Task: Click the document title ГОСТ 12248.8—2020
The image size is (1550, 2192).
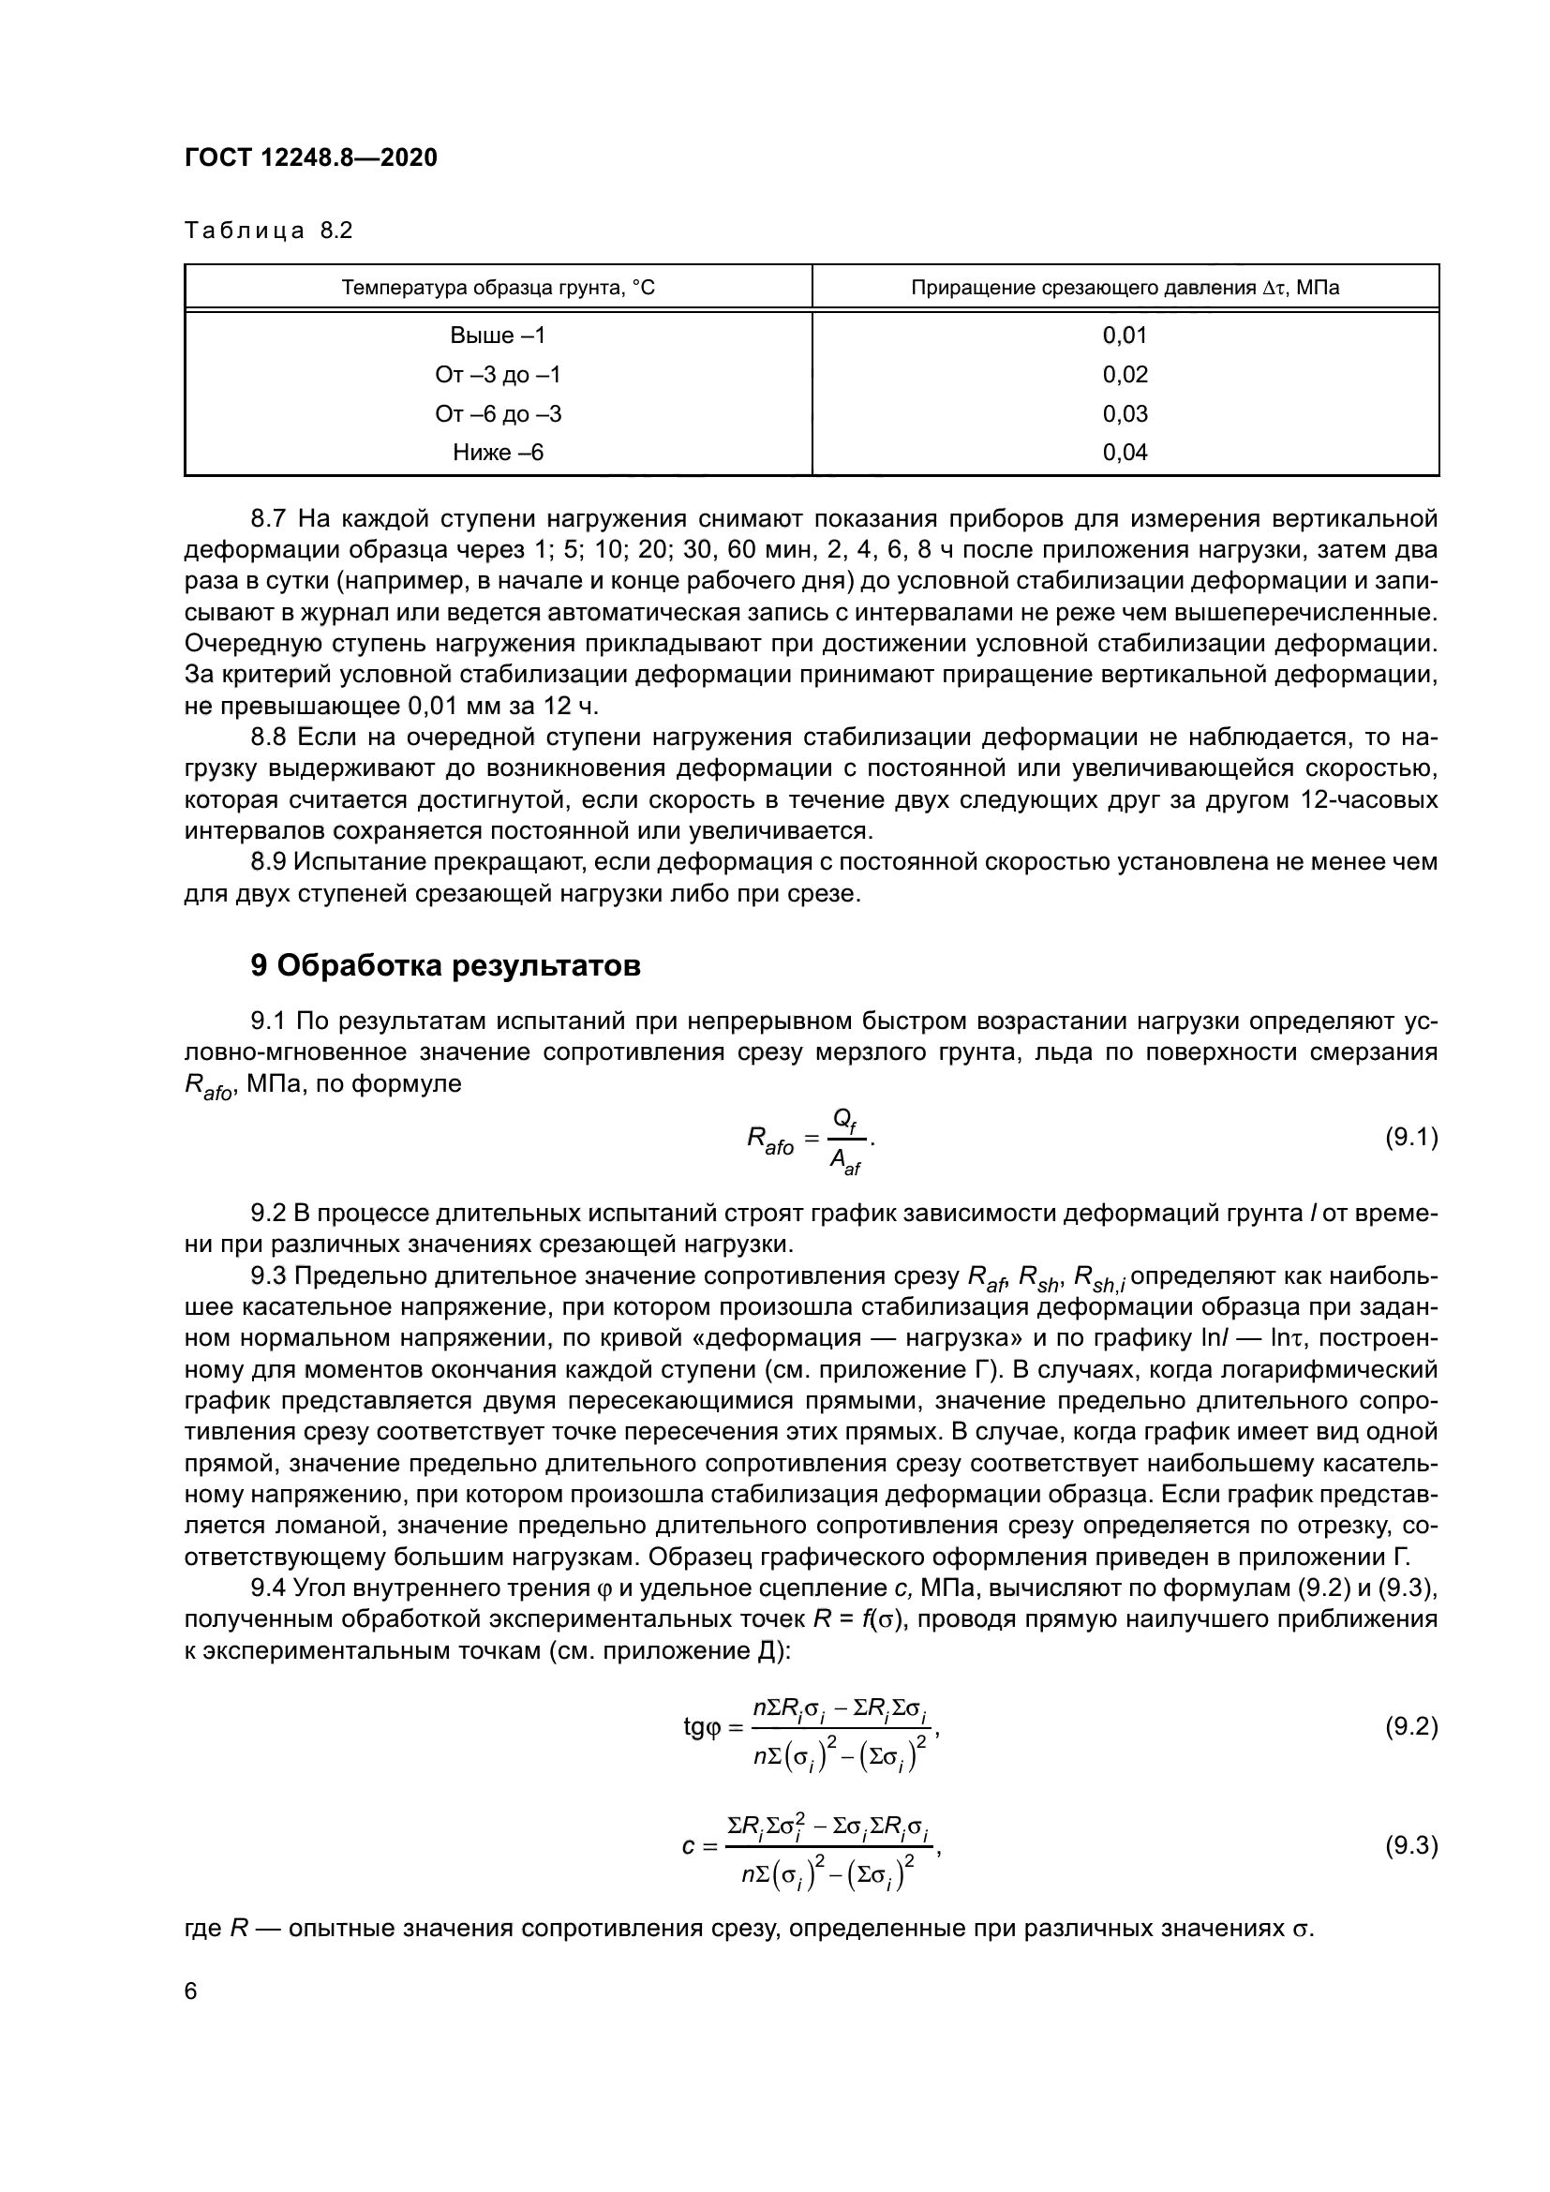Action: point(310,158)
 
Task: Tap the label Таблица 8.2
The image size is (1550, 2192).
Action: point(268,231)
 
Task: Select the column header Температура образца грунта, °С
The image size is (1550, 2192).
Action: point(499,288)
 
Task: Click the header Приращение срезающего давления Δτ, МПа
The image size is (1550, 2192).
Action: point(1125,288)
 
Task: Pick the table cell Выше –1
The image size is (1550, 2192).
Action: point(499,336)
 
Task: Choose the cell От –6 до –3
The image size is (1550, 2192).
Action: point(499,413)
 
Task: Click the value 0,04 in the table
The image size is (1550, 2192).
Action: point(1125,453)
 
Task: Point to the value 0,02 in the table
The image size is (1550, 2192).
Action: point(1125,374)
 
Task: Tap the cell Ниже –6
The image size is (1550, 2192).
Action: point(499,453)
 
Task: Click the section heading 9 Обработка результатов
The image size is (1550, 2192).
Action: point(445,965)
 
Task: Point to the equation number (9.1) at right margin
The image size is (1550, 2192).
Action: point(1410,1137)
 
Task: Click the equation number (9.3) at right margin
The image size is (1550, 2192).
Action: point(1410,1845)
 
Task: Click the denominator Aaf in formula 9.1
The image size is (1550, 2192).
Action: point(844,1161)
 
